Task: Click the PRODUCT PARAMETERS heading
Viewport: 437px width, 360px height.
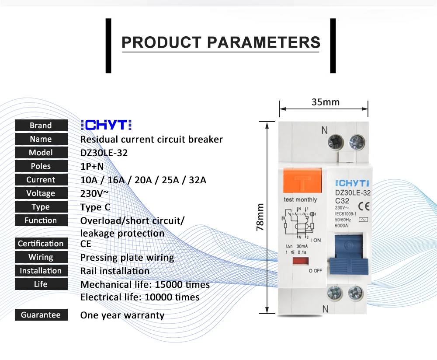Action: (221, 42)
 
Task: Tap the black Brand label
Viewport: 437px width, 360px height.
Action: (41, 126)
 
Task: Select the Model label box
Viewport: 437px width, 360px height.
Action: (41, 153)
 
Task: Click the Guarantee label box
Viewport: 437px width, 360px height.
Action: (41, 315)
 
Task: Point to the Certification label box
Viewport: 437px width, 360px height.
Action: (41, 244)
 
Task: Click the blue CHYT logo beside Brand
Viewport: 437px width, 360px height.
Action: (106, 125)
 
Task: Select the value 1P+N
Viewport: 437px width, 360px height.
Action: (92, 166)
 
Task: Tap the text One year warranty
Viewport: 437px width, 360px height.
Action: (122, 315)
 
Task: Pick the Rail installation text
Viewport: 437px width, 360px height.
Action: (115, 271)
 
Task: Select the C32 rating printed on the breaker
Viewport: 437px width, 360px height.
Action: (342, 200)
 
